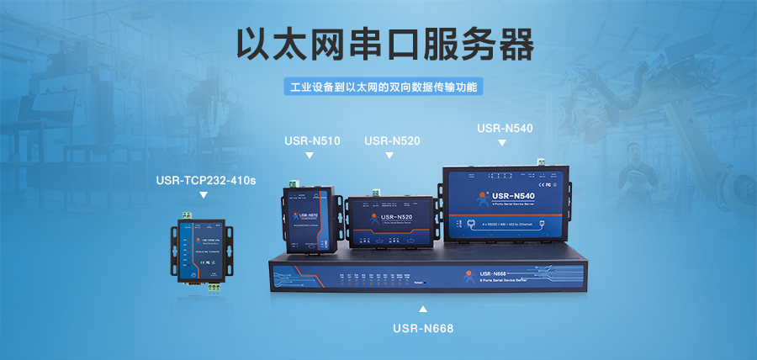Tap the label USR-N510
coord(313,140)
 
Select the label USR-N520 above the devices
coord(392,140)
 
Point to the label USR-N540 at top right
coord(505,128)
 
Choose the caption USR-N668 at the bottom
coord(422,328)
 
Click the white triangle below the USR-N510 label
coord(310,156)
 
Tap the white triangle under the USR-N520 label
coord(390,156)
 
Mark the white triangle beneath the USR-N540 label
coord(502,143)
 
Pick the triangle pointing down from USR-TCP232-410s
coord(203,195)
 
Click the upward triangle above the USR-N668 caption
coord(423,308)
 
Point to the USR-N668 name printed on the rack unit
coord(492,273)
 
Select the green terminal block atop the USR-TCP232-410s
coord(187,216)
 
